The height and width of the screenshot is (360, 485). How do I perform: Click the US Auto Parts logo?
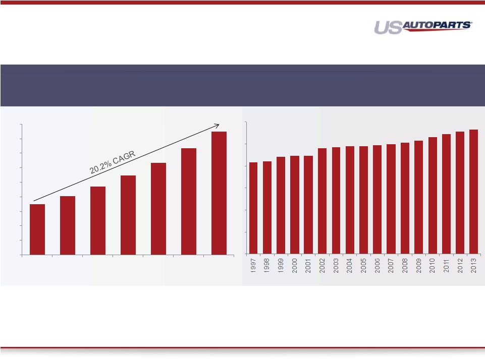423,27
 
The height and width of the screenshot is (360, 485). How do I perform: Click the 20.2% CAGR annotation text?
113,162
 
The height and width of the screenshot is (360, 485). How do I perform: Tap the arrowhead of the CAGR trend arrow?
217,126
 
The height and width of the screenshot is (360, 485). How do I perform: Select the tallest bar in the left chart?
219,193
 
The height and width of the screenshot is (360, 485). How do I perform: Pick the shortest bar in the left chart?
37,229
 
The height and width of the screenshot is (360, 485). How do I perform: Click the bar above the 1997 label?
253,208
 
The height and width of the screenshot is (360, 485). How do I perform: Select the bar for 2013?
473,192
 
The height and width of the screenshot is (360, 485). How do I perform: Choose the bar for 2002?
322,201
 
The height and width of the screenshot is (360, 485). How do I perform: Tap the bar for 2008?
405,198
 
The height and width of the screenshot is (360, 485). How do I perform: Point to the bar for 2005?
363,200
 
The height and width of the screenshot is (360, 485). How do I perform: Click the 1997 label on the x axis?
253,266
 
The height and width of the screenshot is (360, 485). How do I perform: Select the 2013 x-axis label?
473,266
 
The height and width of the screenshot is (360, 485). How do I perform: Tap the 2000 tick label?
294,266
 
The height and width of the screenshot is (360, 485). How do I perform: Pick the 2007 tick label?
391,266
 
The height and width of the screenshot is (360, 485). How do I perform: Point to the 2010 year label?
433,266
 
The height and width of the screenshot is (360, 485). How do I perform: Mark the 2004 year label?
350,266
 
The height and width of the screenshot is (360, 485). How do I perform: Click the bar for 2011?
446,194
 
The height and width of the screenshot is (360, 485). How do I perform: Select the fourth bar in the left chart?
128,215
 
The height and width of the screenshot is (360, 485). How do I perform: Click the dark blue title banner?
242,85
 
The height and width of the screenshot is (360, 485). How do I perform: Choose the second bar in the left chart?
68,225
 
